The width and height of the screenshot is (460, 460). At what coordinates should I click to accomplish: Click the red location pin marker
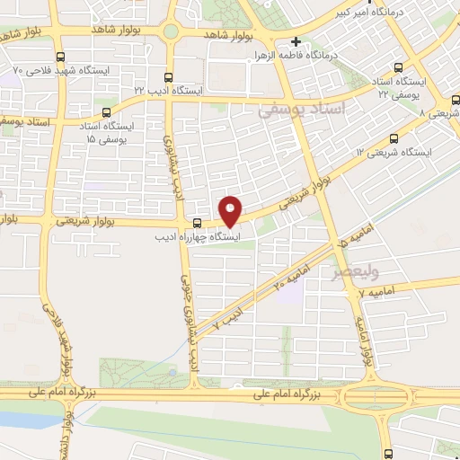coord(231,211)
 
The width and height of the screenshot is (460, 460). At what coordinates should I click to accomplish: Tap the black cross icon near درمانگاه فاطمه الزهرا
coord(296,41)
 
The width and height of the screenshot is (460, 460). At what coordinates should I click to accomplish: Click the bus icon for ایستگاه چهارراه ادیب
coord(197,223)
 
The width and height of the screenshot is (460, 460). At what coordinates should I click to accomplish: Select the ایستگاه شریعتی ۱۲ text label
coord(394,153)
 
